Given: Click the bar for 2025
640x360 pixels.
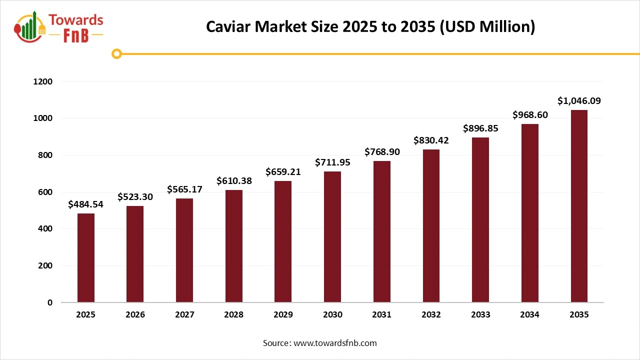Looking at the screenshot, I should click(x=85, y=258).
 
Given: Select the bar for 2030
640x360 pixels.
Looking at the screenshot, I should click(x=332, y=237).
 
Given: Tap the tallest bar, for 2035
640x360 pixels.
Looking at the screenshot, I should click(x=579, y=206).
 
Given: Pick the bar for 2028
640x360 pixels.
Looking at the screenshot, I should click(x=233, y=246).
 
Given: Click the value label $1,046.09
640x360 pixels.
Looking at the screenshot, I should click(x=579, y=101).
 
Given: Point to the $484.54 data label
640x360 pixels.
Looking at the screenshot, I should click(x=85, y=204).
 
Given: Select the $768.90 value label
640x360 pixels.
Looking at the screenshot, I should click(x=382, y=152).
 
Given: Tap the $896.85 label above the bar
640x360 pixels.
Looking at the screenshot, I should click(x=480, y=128).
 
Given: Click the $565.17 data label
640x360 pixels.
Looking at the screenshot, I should click(x=184, y=189).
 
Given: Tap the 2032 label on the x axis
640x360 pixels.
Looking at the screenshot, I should click(x=431, y=315).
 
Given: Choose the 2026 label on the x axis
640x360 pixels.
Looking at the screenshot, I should click(x=135, y=315).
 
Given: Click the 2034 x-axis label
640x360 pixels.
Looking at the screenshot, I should click(x=529, y=315).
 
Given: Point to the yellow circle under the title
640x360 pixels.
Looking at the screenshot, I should click(x=116, y=53).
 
